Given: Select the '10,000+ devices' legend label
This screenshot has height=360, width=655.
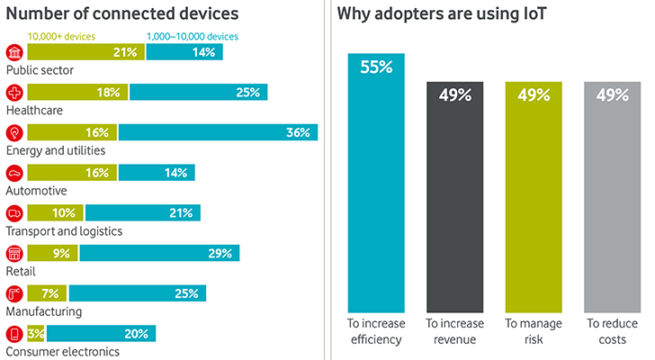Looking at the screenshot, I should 61,36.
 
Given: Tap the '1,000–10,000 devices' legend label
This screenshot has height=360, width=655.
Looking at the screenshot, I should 193,36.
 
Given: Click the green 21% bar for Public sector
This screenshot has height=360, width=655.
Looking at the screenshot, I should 85,52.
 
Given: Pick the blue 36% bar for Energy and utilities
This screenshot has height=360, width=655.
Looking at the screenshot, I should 218,132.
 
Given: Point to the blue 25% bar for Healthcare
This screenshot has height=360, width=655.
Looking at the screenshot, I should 198,92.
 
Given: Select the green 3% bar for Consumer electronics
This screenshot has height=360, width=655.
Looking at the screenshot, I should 36,334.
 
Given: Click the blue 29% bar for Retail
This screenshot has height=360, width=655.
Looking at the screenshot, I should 159,253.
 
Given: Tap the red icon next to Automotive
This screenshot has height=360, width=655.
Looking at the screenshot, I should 14,173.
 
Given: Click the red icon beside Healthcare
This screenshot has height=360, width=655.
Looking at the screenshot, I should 14,92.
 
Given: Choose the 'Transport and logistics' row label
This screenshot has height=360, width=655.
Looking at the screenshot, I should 64,231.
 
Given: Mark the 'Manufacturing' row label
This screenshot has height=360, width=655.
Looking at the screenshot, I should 44,311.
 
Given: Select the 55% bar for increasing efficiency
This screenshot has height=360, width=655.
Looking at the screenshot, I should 376,180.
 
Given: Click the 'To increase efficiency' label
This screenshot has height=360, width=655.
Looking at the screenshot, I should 376,328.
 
